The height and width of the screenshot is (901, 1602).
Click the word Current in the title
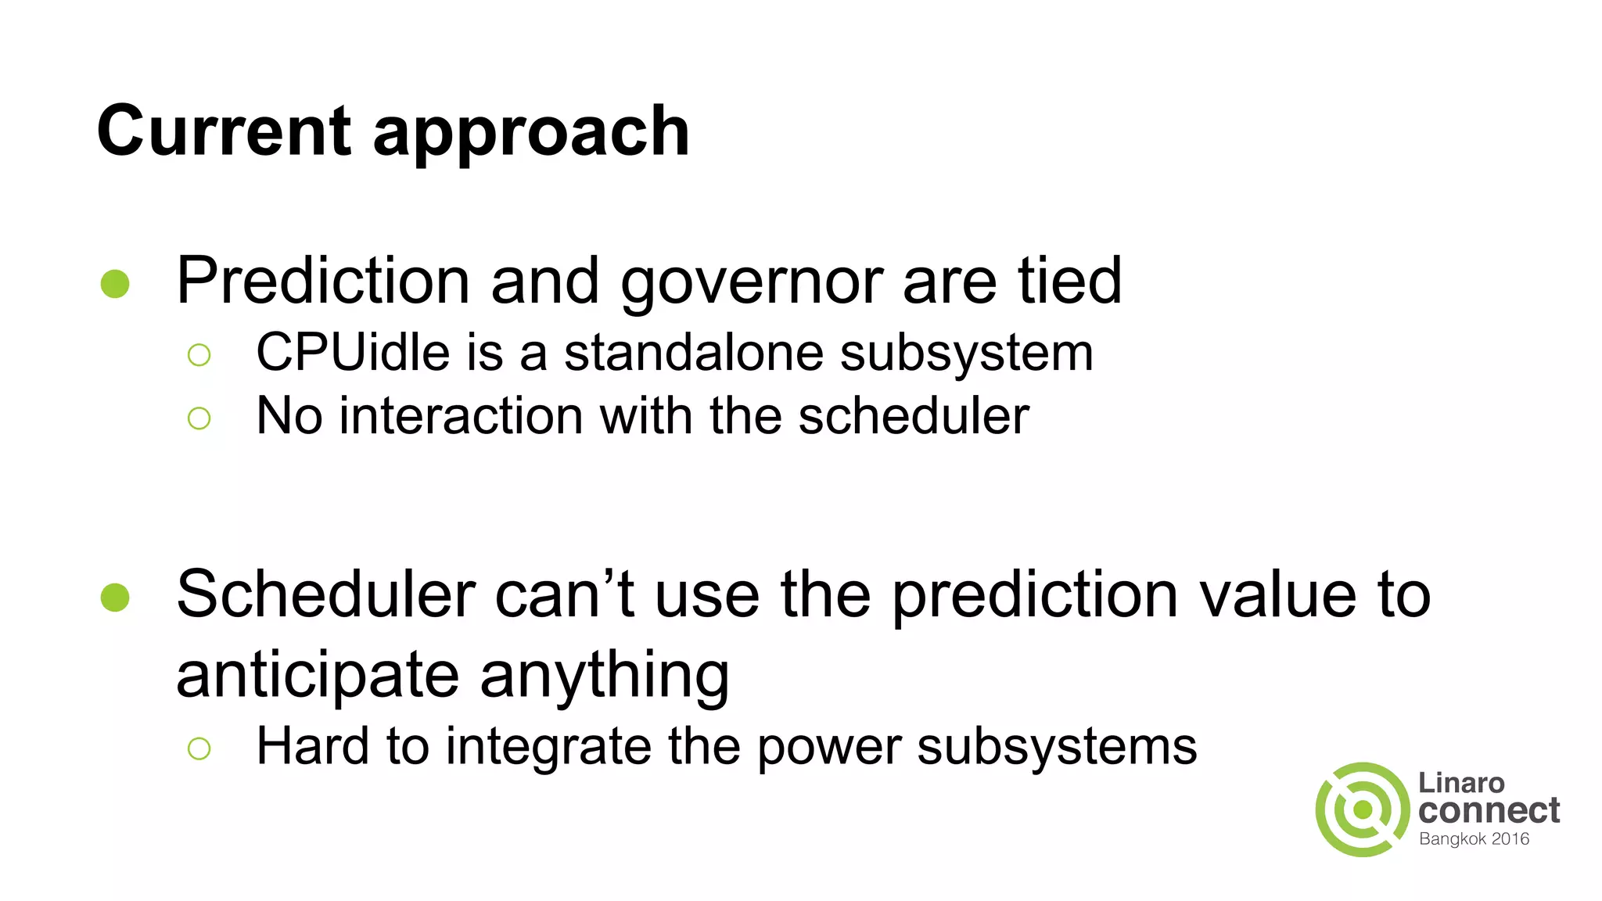click(x=224, y=131)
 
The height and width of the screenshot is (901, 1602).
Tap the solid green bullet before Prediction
click(x=115, y=284)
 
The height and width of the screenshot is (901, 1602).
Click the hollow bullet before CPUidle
click(x=199, y=355)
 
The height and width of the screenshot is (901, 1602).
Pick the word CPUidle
click(x=353, y=353)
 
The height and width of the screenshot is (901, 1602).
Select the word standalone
click(x=694, y=353)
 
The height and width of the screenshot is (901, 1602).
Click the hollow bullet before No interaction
click(x=199, y=418)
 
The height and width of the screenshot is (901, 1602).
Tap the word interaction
click(x=462, y=415)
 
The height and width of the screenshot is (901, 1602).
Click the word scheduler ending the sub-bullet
click(x=914, y=415)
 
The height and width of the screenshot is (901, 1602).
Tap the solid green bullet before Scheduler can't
click(x=115, y=598)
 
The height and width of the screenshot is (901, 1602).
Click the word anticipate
click(x=318, y=676)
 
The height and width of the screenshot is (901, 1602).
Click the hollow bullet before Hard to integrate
click(x=199, y=748)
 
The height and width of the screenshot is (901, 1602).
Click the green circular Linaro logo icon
click(x=1363, y=809)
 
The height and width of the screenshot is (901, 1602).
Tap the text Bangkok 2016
click(x=1474, y=839)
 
